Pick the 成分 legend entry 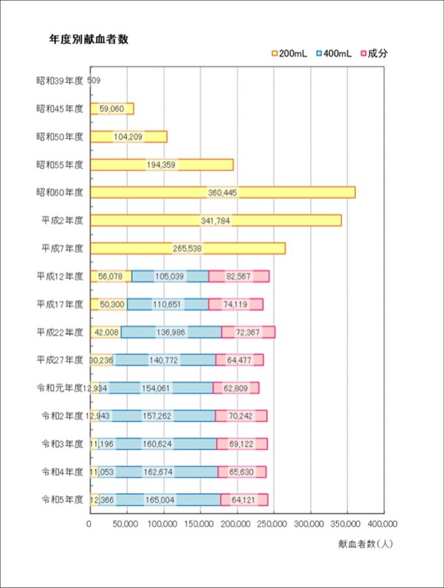pyautogui.click(x=375, y=54)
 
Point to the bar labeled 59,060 pyautogui.click(x=112, y=109)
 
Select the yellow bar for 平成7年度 pyautogui.click(x=187, y=248)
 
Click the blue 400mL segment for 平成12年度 pyautogui.click(x=170, y=276)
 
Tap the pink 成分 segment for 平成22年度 pyautogui.click(x=248, y=332)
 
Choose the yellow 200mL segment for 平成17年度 pyautogui.click(x=108, y=304)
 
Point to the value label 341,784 pyautogui.click(x=215, y=220)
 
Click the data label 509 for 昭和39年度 pyautogui.click(x=93, y=81)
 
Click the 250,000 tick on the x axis pyautogui.click(x=273, y=524)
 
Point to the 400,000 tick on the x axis pyautogui.click(x=382, y=524)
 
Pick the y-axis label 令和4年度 pyautogui.click(x=62, y=472)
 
